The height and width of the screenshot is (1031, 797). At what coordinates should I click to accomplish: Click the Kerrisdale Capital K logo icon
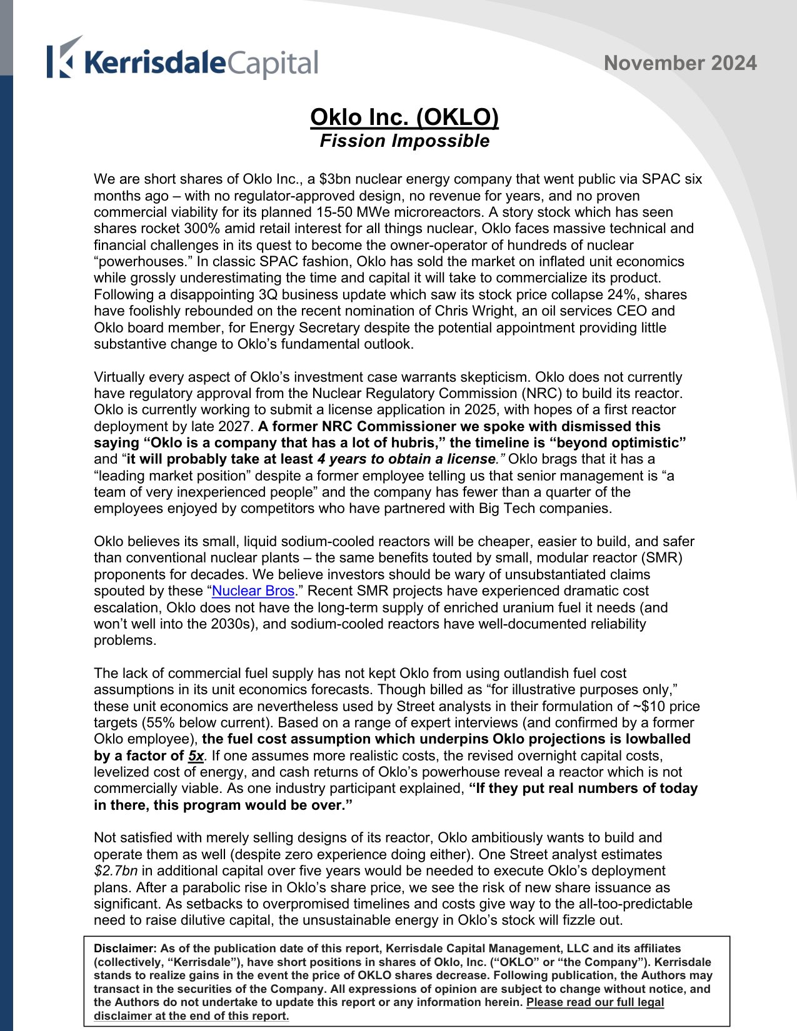(x=64, y=57)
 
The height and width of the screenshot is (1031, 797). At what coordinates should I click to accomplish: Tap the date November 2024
(x=680, y=63)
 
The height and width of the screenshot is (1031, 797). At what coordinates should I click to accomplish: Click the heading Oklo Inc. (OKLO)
(x=404, y=117)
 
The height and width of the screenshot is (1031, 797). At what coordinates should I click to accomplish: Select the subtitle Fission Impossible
(x=404, y=141)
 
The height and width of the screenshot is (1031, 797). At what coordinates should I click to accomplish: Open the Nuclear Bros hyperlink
(x=253, y=591)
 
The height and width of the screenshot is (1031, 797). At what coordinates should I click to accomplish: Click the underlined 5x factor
(x=196, y=755)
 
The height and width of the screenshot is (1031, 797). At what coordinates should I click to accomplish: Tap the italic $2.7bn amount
(x=116, y=871)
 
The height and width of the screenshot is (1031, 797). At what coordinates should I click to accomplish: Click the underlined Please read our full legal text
(x=594, y=1002)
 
